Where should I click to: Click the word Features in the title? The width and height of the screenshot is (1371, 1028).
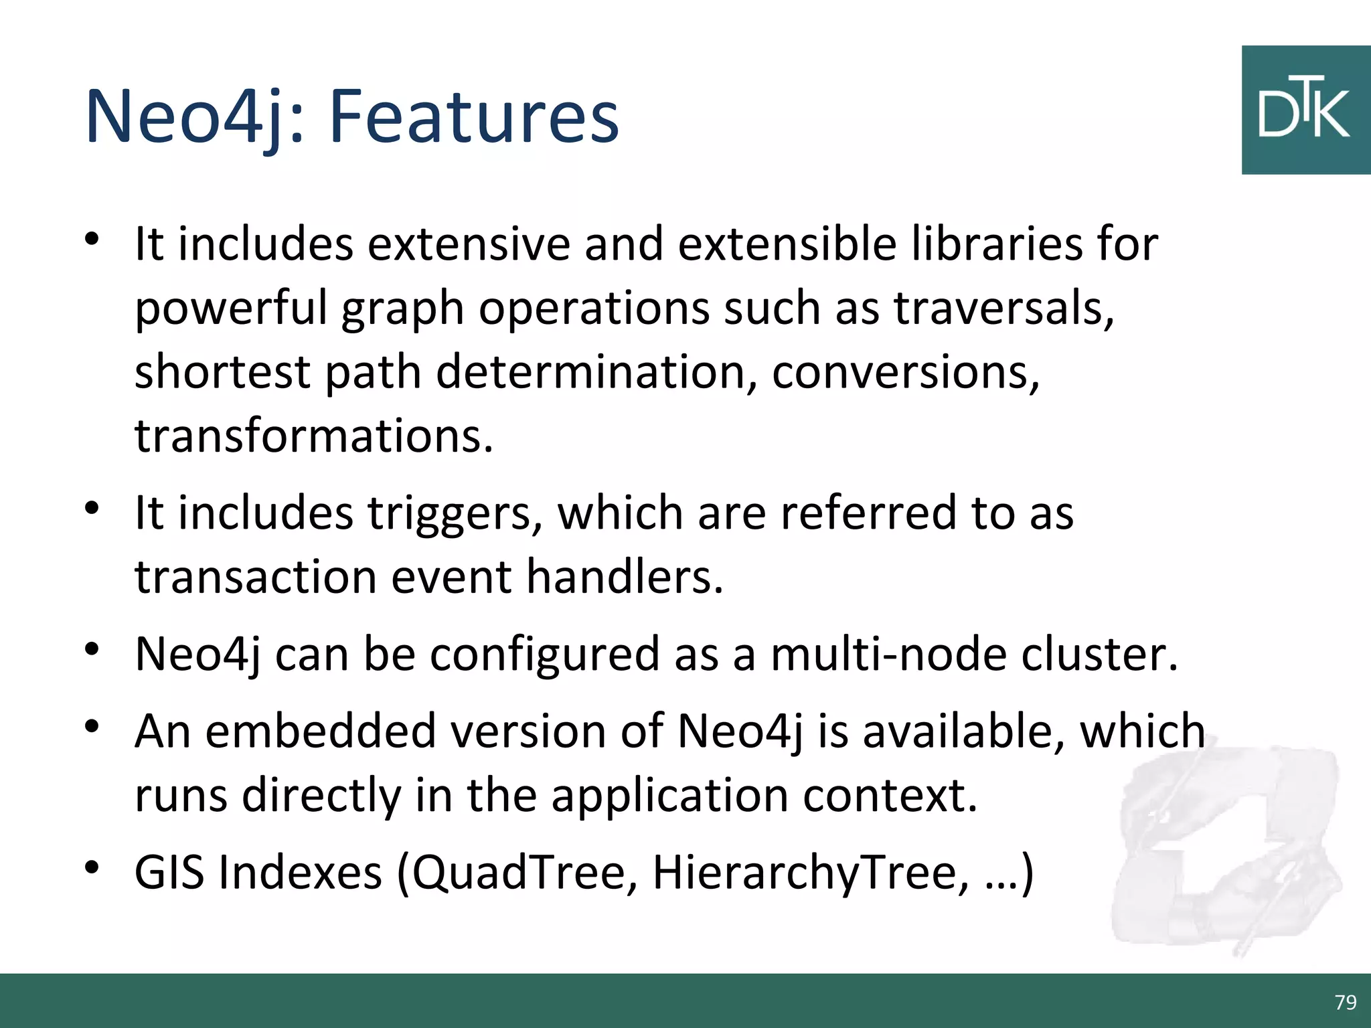click(474, 117)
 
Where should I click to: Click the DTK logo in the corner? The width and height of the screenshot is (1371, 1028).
click(1305, 110)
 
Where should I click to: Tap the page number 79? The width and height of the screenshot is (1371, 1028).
click(1345, 1002)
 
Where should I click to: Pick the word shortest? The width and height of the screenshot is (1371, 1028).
click(222, 372)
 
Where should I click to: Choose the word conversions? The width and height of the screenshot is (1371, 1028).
click(904, 372)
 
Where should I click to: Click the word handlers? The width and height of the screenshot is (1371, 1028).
click(624, 577)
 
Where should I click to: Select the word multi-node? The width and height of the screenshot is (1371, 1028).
click(888, 654)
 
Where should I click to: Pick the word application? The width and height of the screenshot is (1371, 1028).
click(669, 795)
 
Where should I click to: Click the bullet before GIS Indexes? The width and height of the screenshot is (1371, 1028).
click(92, 868)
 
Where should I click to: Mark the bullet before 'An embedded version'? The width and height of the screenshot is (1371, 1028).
click(92, 726)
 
